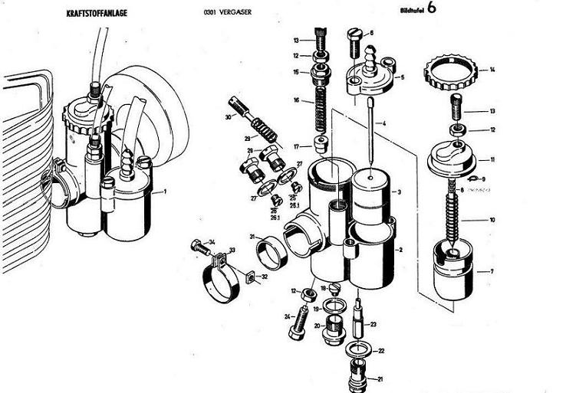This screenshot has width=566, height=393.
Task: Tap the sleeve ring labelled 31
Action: tap(270, 249)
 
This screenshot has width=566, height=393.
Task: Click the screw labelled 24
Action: tap(297, 326)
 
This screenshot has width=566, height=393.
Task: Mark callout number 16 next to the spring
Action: tap(296, 100)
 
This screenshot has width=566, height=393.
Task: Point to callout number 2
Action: tap(399, 250)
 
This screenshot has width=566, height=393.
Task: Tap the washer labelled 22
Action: tap(360, 350)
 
